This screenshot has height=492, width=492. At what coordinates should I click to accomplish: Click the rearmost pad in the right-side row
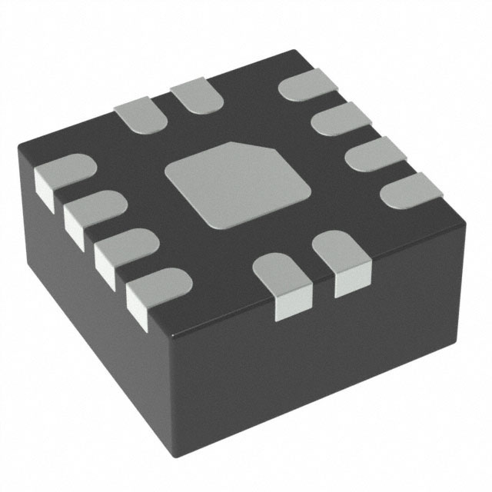pyautogui.click(x=304, y=85)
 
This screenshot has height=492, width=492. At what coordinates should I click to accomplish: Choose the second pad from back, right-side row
pyautogui.click(x=338, y=120)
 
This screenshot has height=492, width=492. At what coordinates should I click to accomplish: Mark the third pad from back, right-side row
pyautogui.click(x=373, y=153)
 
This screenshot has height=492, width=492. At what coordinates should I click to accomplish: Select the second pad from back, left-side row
pyautogui.click(x=93, y=211)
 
